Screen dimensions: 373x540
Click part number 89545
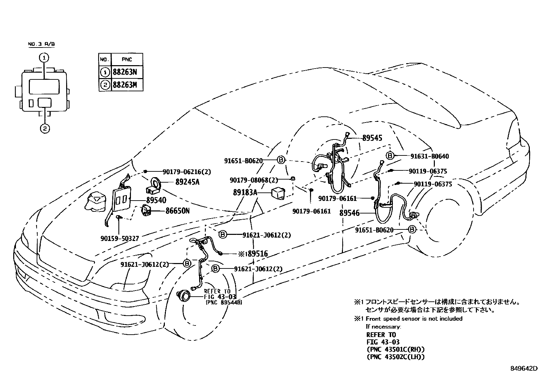pos(372,138)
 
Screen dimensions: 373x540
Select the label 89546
pos(349,213)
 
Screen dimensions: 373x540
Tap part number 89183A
pos(245,193)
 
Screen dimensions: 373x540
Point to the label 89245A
pos(187,182)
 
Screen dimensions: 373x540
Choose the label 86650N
pos(177,211)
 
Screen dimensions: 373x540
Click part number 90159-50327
pos(120,239)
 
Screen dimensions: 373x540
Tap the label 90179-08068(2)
pos(254,180)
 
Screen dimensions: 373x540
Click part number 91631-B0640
pos(429,156)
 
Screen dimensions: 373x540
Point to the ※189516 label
pos(253,254)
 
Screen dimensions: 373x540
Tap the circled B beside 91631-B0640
pos(390,156)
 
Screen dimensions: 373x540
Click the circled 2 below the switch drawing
pos(44,128)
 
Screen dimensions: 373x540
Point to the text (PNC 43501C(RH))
pos(396,349)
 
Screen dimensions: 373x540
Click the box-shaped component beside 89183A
pos(278,193)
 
